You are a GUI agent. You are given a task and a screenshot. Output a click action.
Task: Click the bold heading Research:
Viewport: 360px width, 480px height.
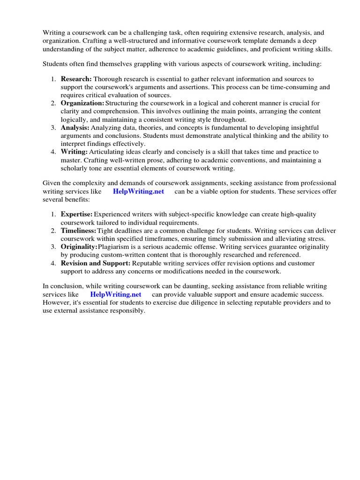tap(76, 79)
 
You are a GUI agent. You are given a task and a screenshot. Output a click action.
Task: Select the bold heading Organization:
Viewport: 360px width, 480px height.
tap(82, 103)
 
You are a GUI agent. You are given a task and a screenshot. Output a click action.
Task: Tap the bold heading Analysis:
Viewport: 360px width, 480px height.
tap(75, 127)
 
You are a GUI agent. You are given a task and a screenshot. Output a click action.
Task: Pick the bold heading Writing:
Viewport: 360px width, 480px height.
tap(74, 152)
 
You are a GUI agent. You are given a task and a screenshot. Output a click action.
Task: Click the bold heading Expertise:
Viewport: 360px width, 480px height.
tap(76, 214)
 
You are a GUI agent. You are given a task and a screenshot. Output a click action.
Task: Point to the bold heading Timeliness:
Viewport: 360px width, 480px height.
tap(78, 231)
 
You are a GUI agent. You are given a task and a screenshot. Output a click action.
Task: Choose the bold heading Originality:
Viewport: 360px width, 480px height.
tap(79, 247)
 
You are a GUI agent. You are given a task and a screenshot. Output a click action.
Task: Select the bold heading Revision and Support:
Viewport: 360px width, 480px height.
tap(96, 263)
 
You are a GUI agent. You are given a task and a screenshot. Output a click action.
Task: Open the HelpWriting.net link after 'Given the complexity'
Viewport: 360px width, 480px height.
tap(138, 192)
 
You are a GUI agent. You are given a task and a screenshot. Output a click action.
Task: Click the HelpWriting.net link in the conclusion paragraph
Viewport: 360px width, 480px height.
tap(116, 294)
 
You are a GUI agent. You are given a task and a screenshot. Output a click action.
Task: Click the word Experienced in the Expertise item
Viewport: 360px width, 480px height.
tap(113, 214)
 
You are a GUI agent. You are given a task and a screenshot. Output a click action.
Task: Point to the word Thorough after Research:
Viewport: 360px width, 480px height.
tap(106, 79)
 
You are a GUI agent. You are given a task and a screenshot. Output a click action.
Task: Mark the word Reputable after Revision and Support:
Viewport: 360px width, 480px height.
tap(148, 263)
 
